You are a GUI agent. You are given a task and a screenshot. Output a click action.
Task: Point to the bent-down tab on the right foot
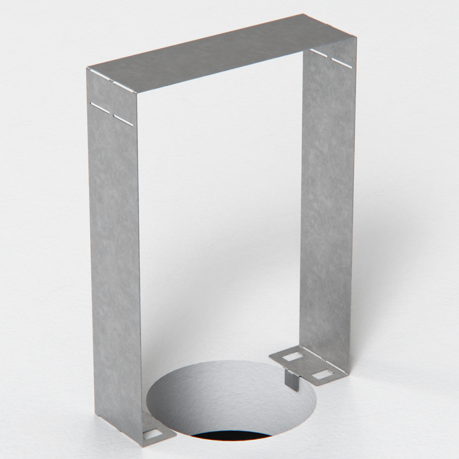292,379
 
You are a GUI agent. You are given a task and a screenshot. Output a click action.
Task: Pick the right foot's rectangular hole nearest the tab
293,357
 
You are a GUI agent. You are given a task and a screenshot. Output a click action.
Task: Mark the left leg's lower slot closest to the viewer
123,120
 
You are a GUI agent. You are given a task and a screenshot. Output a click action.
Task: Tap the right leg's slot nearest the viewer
341,62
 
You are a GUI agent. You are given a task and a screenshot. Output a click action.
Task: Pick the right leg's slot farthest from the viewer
319,52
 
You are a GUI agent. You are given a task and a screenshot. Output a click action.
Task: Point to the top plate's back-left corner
87,68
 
